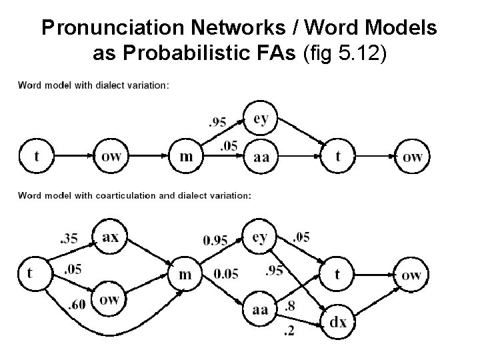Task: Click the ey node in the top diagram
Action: (x=261, y=119)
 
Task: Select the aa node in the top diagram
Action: (x=261, y=157)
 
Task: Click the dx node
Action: (x=338, y=322)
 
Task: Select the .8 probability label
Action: (x=290, y=306)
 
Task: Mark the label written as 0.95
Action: (x=215, y=241)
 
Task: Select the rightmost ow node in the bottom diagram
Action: (x=412, y=274)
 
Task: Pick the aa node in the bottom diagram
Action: (x=260, y=309)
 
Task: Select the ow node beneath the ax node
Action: (x=110, y=299)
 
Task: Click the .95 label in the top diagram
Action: (x=217, y=122)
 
